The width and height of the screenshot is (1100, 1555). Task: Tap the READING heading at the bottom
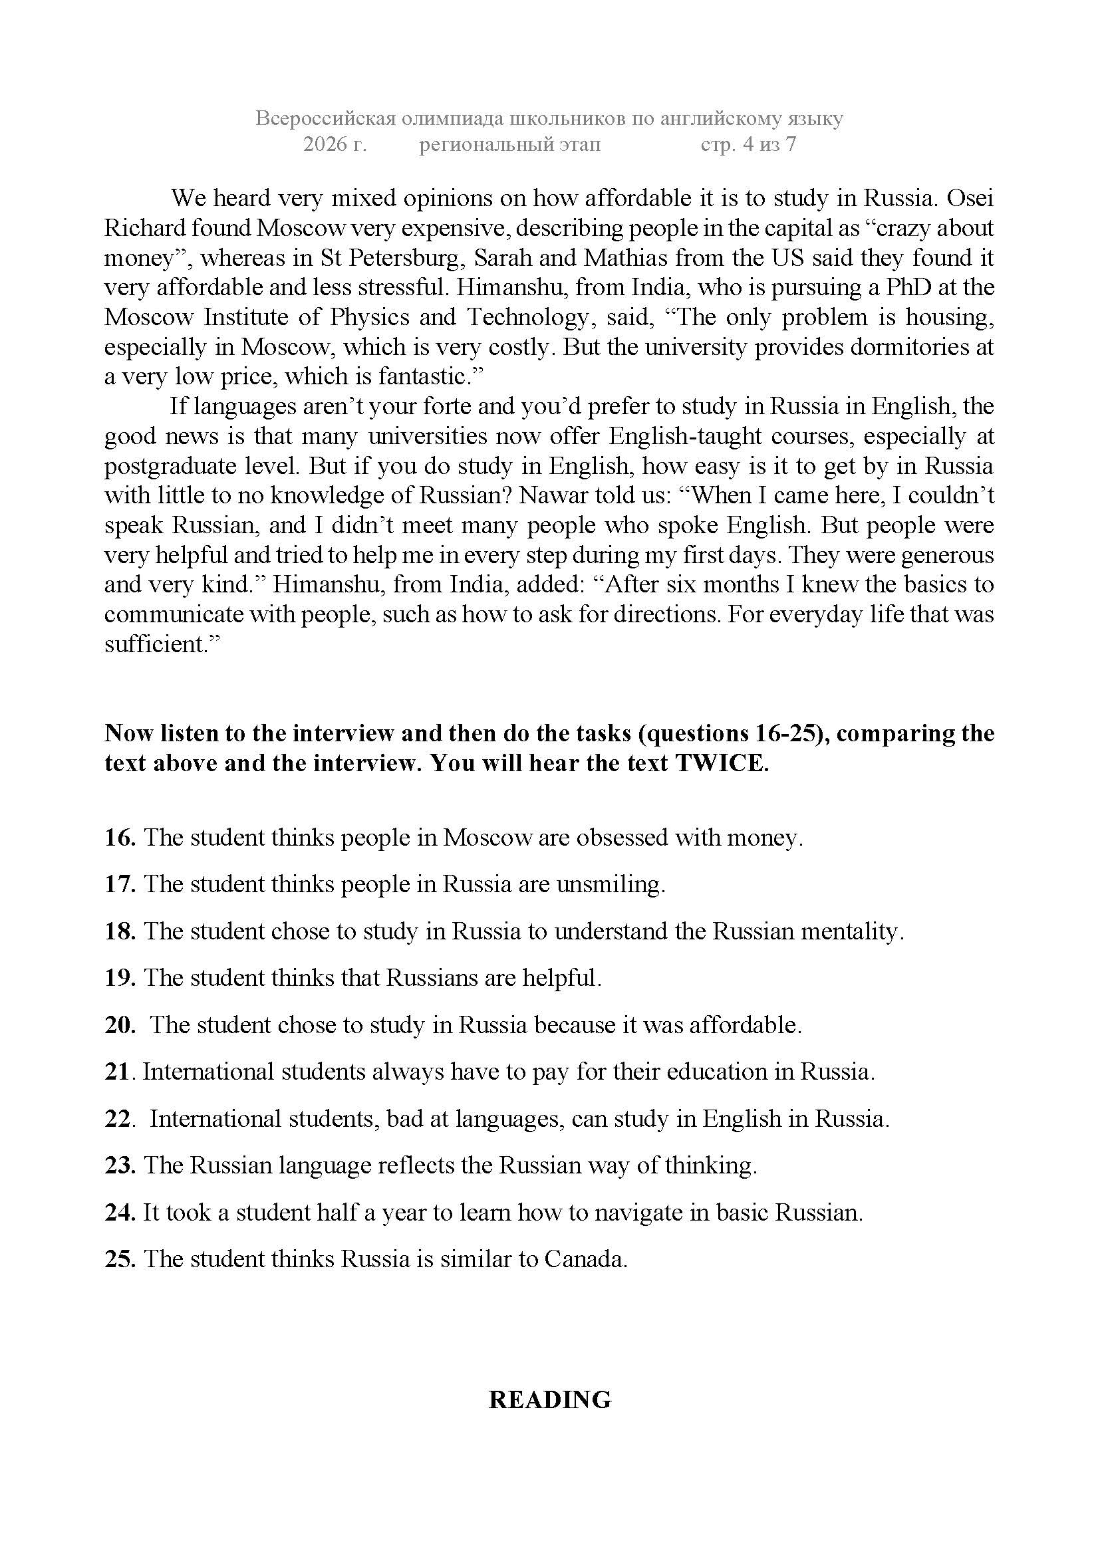point(550,1399)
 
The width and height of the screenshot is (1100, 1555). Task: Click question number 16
point(120,838)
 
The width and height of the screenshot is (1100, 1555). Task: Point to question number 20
point(120,1024)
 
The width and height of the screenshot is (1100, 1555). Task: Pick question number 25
point(120,1258)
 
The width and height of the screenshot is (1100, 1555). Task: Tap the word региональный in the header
point(509,144)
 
